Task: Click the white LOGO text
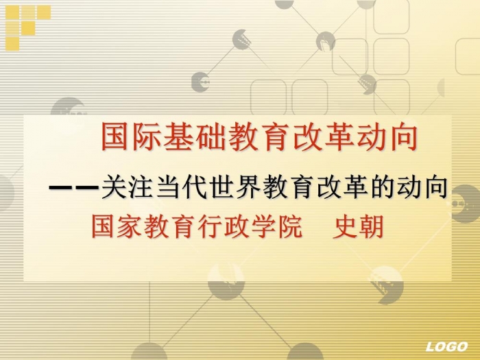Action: pyautogui.click(x=446, y=346)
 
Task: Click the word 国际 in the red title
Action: pyautogui.click(x=132, y=137)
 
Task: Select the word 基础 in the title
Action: pyautogui.click(x=195, y=137)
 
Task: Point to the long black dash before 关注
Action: pyautogui.click(x=74, y=187)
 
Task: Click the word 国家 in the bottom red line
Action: pyautogui.click(x=117, y=227)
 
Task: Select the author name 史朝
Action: pyautogui.click(x=358, y=227)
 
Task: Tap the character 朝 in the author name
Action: pyautogui.click(x=371, y=227)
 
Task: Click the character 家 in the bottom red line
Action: pyautogui.click(x=129, y=227)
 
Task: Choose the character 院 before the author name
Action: pyautogui.click(x=289, y=227)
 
